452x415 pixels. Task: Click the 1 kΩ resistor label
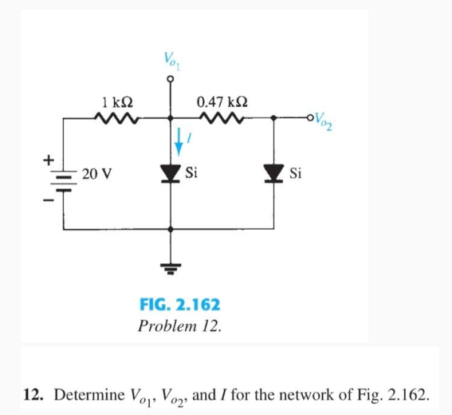click(x=118, y=102)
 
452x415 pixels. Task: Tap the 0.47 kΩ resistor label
click(x=222, y=102)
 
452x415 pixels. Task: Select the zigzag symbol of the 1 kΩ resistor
click(x=116, y=118)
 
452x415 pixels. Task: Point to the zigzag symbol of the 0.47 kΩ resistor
click(x=222, y=118)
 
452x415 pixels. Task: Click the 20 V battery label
click(x=97, y=174)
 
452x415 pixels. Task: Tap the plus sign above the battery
click(x=49, y=160)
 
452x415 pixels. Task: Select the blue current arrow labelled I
click(x=179, y=142)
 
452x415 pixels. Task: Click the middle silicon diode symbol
click(x=171, y=174)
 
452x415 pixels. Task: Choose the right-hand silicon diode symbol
click(x=274, y=174)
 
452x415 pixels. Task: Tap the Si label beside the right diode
click(x=296, y=173)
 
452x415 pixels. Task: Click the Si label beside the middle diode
click(x=191, y=172)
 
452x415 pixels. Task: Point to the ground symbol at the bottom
click(x=171, y=269)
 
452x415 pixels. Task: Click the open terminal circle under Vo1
click(x=171, y=79)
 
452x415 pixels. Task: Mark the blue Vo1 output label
click(x=172, y=61)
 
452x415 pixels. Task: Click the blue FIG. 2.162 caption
click(x=180, y=305)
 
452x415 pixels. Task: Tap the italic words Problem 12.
click(x=180, y=326)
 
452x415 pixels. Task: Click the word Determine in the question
click(x=89, y=395)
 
